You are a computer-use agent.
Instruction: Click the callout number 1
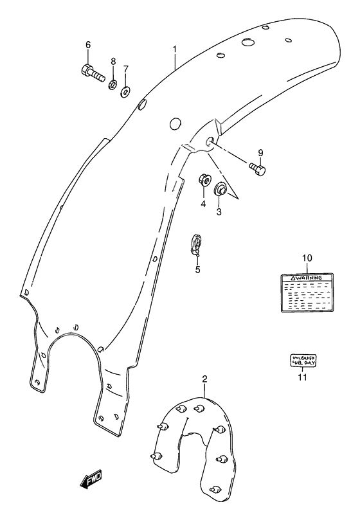point(174,49)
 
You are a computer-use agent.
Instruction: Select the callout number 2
point(204,379)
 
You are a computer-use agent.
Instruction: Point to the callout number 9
point(260,152)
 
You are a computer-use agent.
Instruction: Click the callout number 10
point(307,258)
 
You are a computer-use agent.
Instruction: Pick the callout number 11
point(301,377)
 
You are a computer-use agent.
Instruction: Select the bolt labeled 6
point(93,73)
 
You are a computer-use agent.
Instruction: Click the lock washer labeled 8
point(113,84)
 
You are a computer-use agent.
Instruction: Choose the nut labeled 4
point(203,179)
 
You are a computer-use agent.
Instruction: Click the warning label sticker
point(307,292)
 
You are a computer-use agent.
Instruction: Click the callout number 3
point(219,211)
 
